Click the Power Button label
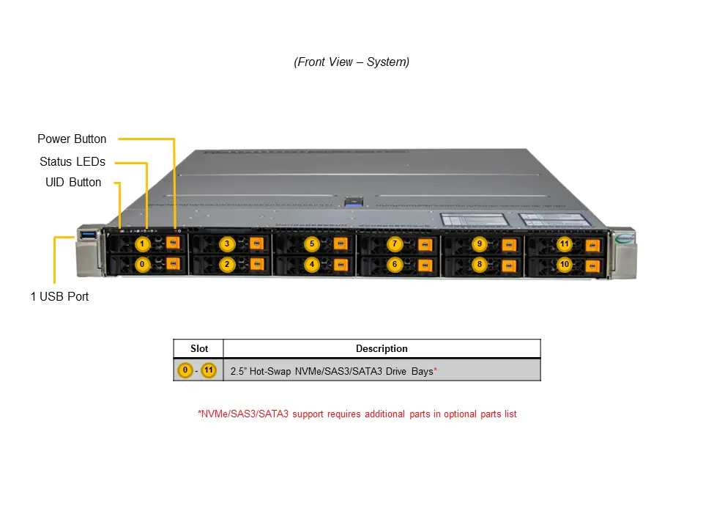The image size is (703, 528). pyautogui.click(x=72, y=139)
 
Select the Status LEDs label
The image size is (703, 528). pyautogui.click(x=72, y=161)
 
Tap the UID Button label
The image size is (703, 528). pyautogui.click(x=73, y=182)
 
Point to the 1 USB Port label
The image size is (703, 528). pyautogui.click(x=59, y=296)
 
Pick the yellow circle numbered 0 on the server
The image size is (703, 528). pyautogui.click(x=143, y=264)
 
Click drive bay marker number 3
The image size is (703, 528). pyautogui.click(x=227, y=243)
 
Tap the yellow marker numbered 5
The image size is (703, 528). pyautogui.click(x=311, y=243)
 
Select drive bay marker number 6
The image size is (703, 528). pyautogui.click(x=394, y=264)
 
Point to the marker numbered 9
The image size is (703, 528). pyautogui.click(x=479, y=243)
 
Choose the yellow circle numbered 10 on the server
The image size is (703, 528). pyautogui.click(x=564, y=264)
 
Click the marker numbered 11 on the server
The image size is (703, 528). pyautogui.click(x=564, y=243)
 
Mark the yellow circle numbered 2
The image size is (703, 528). pyautogui.click(x=227, y=264)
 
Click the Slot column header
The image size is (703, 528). pyautogui.click(x=198, y=348)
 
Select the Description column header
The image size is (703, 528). pyautogui.click(x=382, y=348)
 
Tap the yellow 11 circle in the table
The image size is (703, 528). pyautogui.click(x=209, y=370)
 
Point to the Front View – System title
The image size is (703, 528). pyautogui.click(x=351, y=62)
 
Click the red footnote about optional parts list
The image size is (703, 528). pyautogui.click(x=357, y=414)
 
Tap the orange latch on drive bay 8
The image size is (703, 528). pyautogui.click(x=508, y=264)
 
